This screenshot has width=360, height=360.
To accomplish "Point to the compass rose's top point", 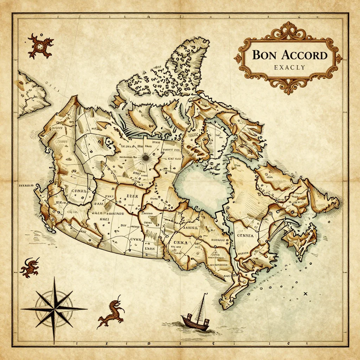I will point(54,278).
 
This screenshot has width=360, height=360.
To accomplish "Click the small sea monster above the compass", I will point(29,267).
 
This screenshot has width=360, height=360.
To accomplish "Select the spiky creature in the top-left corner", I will point(40,45).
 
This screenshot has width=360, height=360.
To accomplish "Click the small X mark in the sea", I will point(305,294).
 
